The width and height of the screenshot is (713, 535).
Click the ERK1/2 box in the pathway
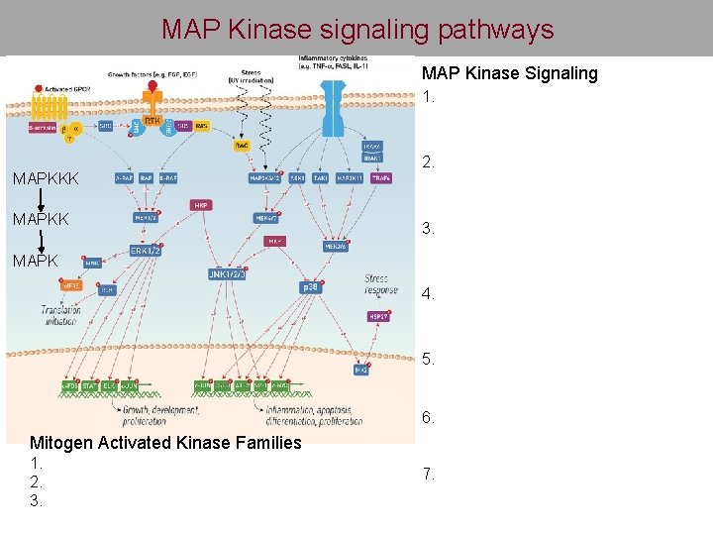click(x=145, y=252)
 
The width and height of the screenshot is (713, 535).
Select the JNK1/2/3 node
click(x=227, y=273)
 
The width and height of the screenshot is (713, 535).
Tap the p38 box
click(x=309, y=286)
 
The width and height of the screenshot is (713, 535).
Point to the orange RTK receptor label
click(x=152, y=121)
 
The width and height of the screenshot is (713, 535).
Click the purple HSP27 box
click(x=377, y=317)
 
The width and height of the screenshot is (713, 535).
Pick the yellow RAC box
click(x=242, y=146)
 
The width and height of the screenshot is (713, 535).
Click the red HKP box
click(x=199, y=205)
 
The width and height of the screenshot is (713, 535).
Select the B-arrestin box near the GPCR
click(x=42, y=127)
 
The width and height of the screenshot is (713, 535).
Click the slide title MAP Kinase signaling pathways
click(x=357, y=30)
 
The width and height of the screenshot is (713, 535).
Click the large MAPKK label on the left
click(x=41, y=219)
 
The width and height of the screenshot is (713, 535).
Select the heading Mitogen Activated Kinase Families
click(x=165, y=443)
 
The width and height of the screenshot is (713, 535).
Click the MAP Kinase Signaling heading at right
click(x=510, y=73)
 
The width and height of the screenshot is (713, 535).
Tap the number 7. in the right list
click(x=428, y=475)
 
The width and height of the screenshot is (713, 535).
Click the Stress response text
click(x=376, y=286)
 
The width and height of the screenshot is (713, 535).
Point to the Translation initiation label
click(x=61, y=315)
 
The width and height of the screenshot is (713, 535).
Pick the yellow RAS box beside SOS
click(x=201, y=127)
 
